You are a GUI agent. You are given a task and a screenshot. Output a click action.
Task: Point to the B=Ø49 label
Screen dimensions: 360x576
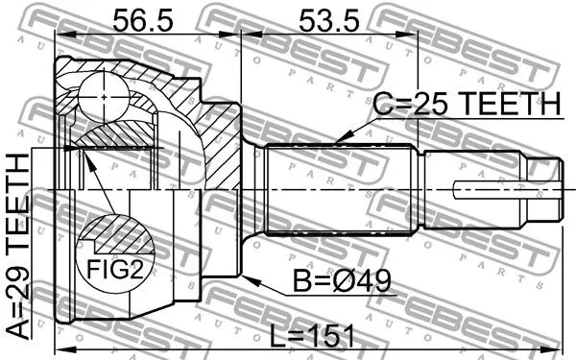[x=344, y=283]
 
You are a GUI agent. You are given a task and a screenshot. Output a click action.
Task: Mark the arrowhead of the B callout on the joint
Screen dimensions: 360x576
[x=248, y=279]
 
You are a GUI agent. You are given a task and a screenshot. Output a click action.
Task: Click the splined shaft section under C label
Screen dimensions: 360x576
[x=341, y=187]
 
